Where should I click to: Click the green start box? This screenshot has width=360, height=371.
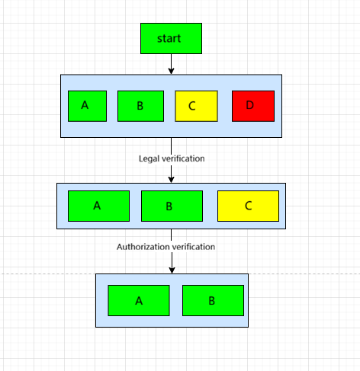[171, 38]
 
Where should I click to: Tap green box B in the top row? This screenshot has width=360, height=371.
[140, 106]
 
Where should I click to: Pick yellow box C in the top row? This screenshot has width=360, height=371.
[197, 106]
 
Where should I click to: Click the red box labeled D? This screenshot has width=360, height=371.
[253, 106]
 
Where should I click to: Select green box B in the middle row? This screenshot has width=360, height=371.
[172, 206]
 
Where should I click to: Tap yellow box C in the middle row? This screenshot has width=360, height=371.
[248, 206]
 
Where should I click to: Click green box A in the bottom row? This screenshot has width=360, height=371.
[139, 300]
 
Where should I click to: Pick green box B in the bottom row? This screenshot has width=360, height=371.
[213, 300]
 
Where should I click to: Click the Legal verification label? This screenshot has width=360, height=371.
[172, 158]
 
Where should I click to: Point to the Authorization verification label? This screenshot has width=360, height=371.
[166, 247]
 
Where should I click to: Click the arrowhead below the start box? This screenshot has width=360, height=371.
[172, 70]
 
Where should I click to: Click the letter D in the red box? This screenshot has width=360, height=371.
[251, 106]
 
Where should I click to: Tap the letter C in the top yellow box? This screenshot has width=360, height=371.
[191, 106]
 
